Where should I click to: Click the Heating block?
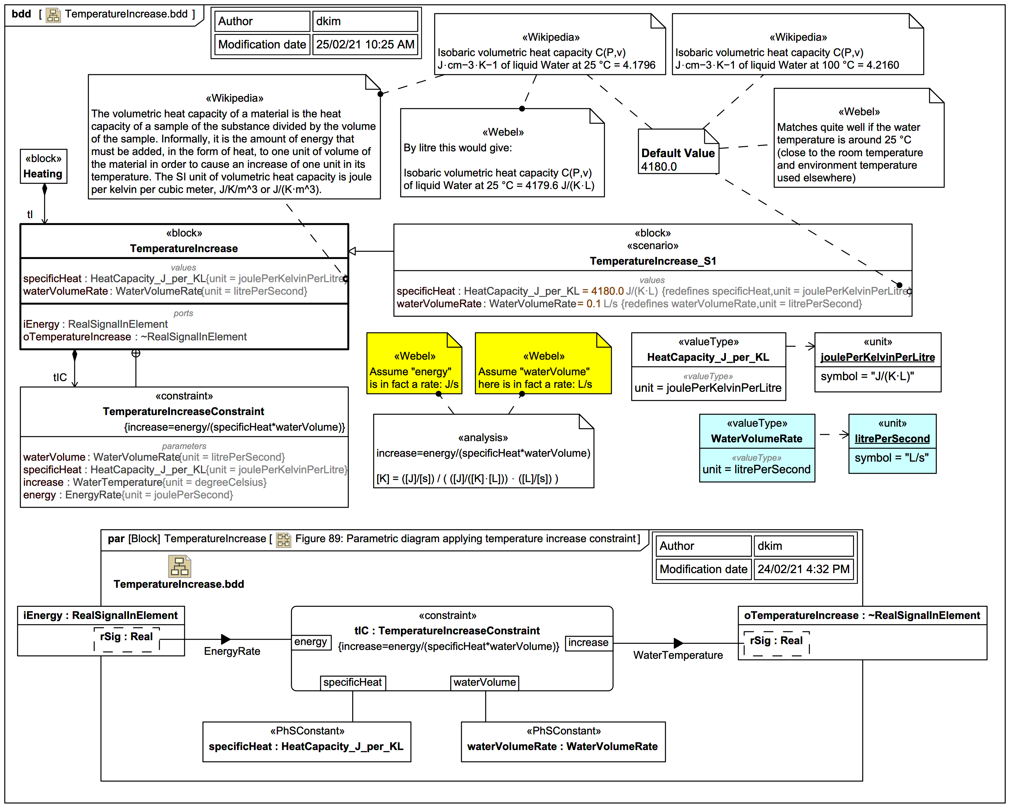click(x=43, y=166)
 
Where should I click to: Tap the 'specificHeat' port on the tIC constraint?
click(x=352, y=683)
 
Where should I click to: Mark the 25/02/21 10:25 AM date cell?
click(x=365, y=44)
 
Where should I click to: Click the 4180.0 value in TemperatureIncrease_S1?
click(x=607, y=291)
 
